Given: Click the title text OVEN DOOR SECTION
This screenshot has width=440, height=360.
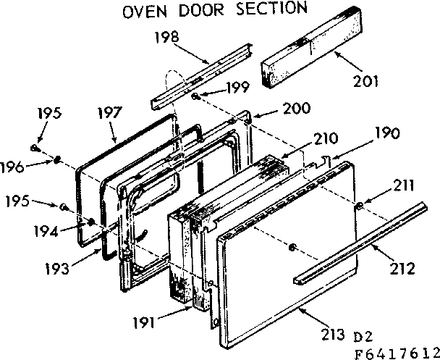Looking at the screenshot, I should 214,10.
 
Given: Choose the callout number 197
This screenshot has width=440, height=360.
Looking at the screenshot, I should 111,114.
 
